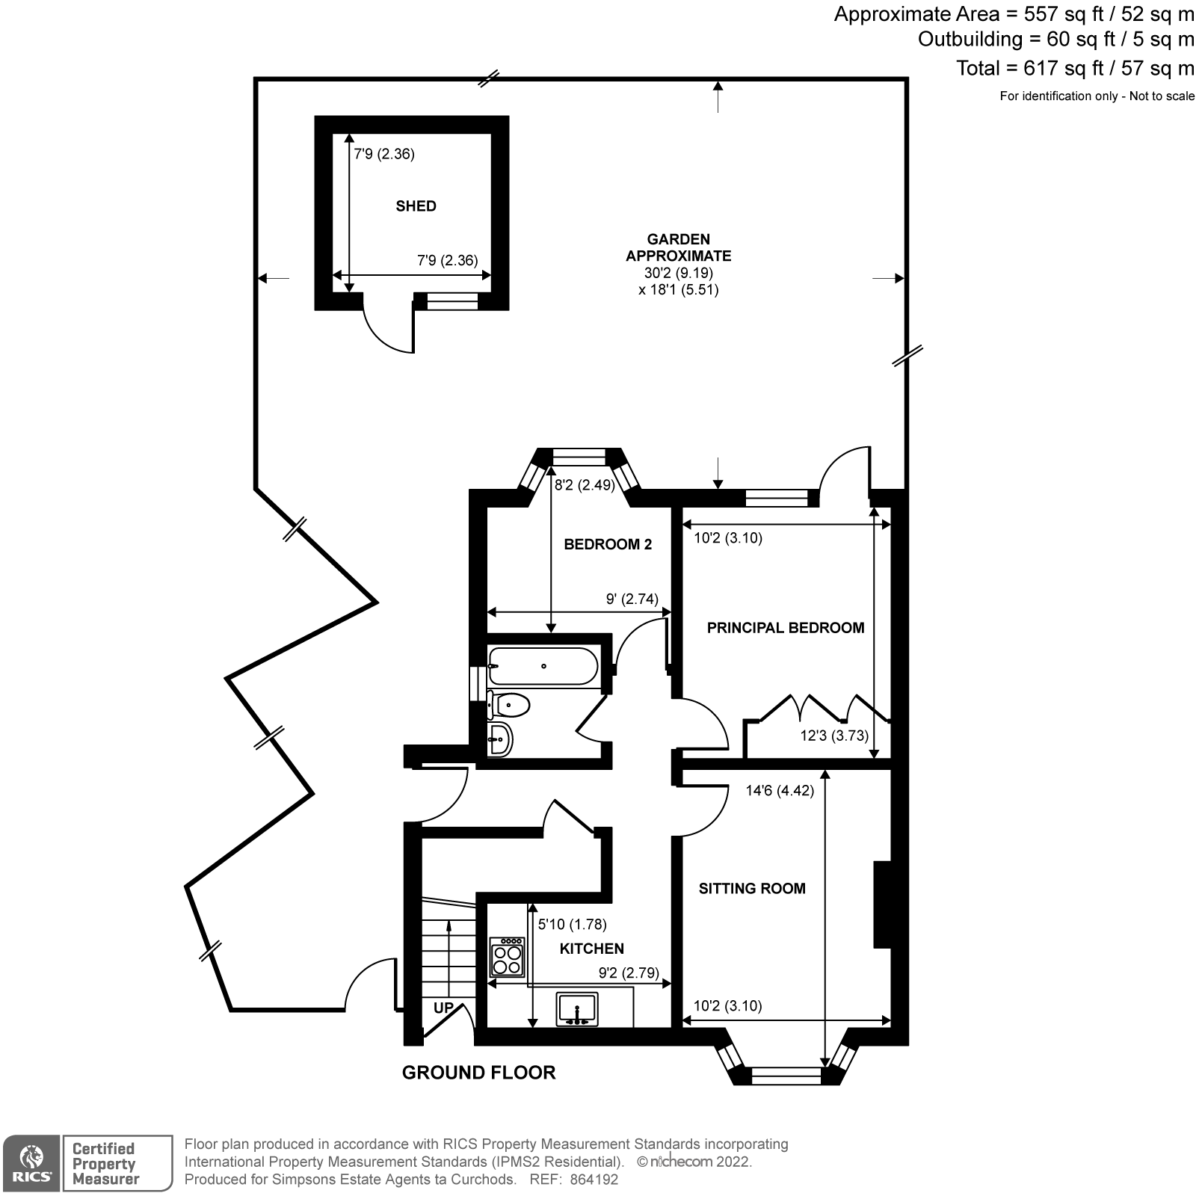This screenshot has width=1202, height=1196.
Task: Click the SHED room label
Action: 416,206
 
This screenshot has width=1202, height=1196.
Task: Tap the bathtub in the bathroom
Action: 542,666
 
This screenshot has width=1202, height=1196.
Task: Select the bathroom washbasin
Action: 500,739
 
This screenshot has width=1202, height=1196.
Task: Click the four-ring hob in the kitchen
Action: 507,958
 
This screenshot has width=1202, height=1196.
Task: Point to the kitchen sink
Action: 577,1008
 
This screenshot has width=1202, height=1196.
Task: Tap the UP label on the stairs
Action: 443,1008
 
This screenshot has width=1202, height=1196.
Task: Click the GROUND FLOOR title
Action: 478,1073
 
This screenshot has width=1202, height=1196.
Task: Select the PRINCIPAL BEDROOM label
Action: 785,628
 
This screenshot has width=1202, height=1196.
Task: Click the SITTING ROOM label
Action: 751,889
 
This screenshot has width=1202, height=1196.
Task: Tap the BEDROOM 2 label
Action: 607,544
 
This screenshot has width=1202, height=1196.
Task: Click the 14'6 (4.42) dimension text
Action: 779,790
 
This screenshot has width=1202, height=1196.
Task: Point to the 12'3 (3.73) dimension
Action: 833,736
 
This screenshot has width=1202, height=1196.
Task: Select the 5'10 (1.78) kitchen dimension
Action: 572,925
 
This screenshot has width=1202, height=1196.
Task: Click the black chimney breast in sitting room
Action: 883,904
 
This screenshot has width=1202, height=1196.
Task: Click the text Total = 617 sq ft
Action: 1074,68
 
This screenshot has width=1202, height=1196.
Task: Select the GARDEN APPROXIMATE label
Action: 678,247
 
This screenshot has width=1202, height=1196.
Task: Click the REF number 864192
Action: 594,1180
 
